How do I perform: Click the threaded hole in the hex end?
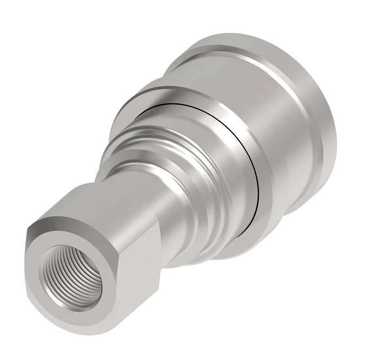point(70,272)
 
